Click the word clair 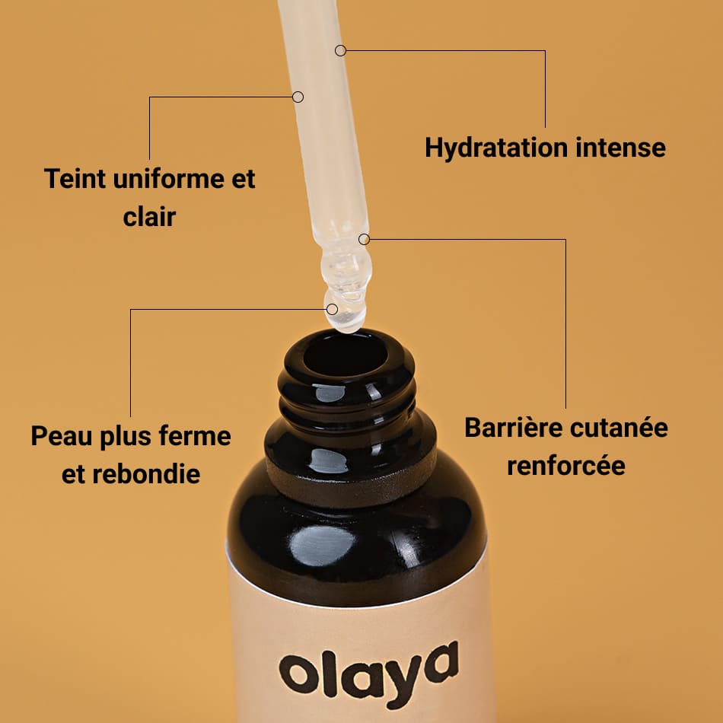149,217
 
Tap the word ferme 196,436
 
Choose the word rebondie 145,474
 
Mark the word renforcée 566,465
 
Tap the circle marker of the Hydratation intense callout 340,50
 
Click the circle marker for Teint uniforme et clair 298,97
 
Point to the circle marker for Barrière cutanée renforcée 364,239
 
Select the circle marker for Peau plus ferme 332,309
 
